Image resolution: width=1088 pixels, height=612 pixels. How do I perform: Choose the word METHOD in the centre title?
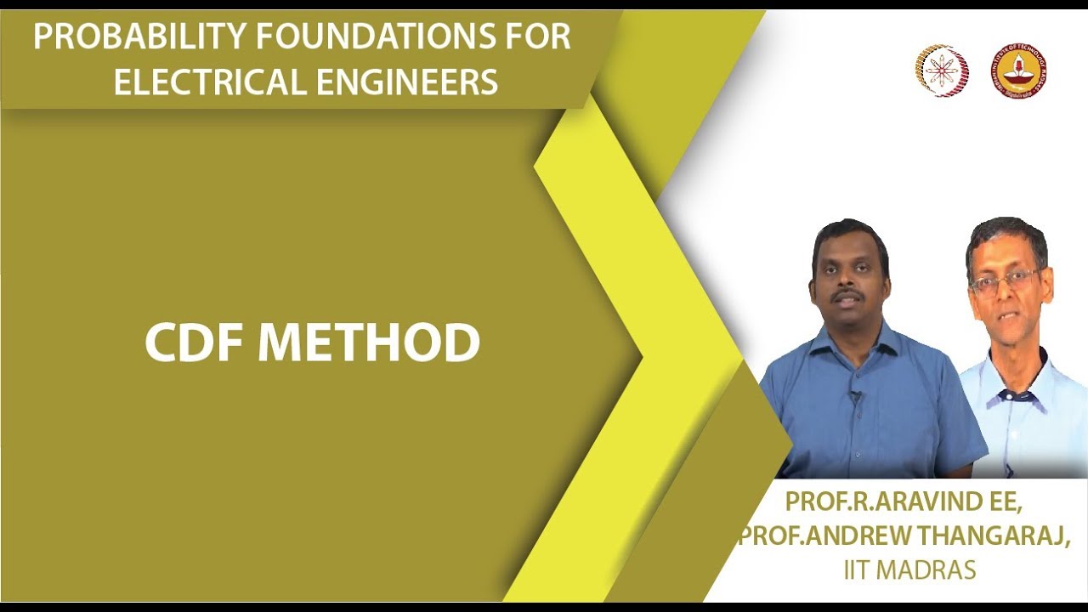369,343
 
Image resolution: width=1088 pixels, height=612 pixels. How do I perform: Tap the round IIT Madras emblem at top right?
1018,71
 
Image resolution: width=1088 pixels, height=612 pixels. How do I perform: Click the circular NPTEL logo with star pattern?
941,71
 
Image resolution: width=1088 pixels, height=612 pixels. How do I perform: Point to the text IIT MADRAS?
909,569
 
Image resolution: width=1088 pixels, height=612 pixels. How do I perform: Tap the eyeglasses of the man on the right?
1006,280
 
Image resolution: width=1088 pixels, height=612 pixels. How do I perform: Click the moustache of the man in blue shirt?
847,297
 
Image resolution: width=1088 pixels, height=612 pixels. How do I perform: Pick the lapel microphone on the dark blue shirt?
855,395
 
